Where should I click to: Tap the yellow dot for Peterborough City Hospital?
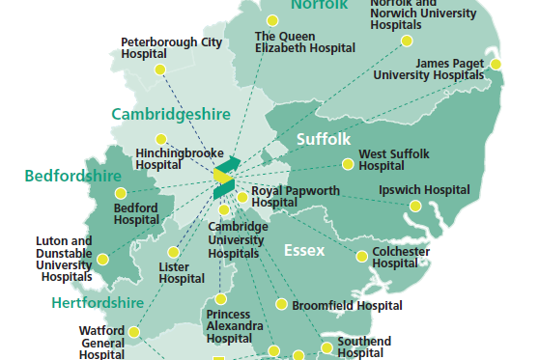(160, 69)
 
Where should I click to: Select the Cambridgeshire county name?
(171, 114)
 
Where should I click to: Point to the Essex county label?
(304, 251)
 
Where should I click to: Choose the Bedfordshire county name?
(72, 176)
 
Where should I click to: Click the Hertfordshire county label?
(98, 303)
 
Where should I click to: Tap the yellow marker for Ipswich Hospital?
(415, 206)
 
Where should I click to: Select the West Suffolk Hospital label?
(394, 159)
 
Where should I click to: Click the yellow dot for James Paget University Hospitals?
(496, 64)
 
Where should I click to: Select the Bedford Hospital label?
(136, 213)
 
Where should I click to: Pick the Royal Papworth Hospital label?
(296, 197)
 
